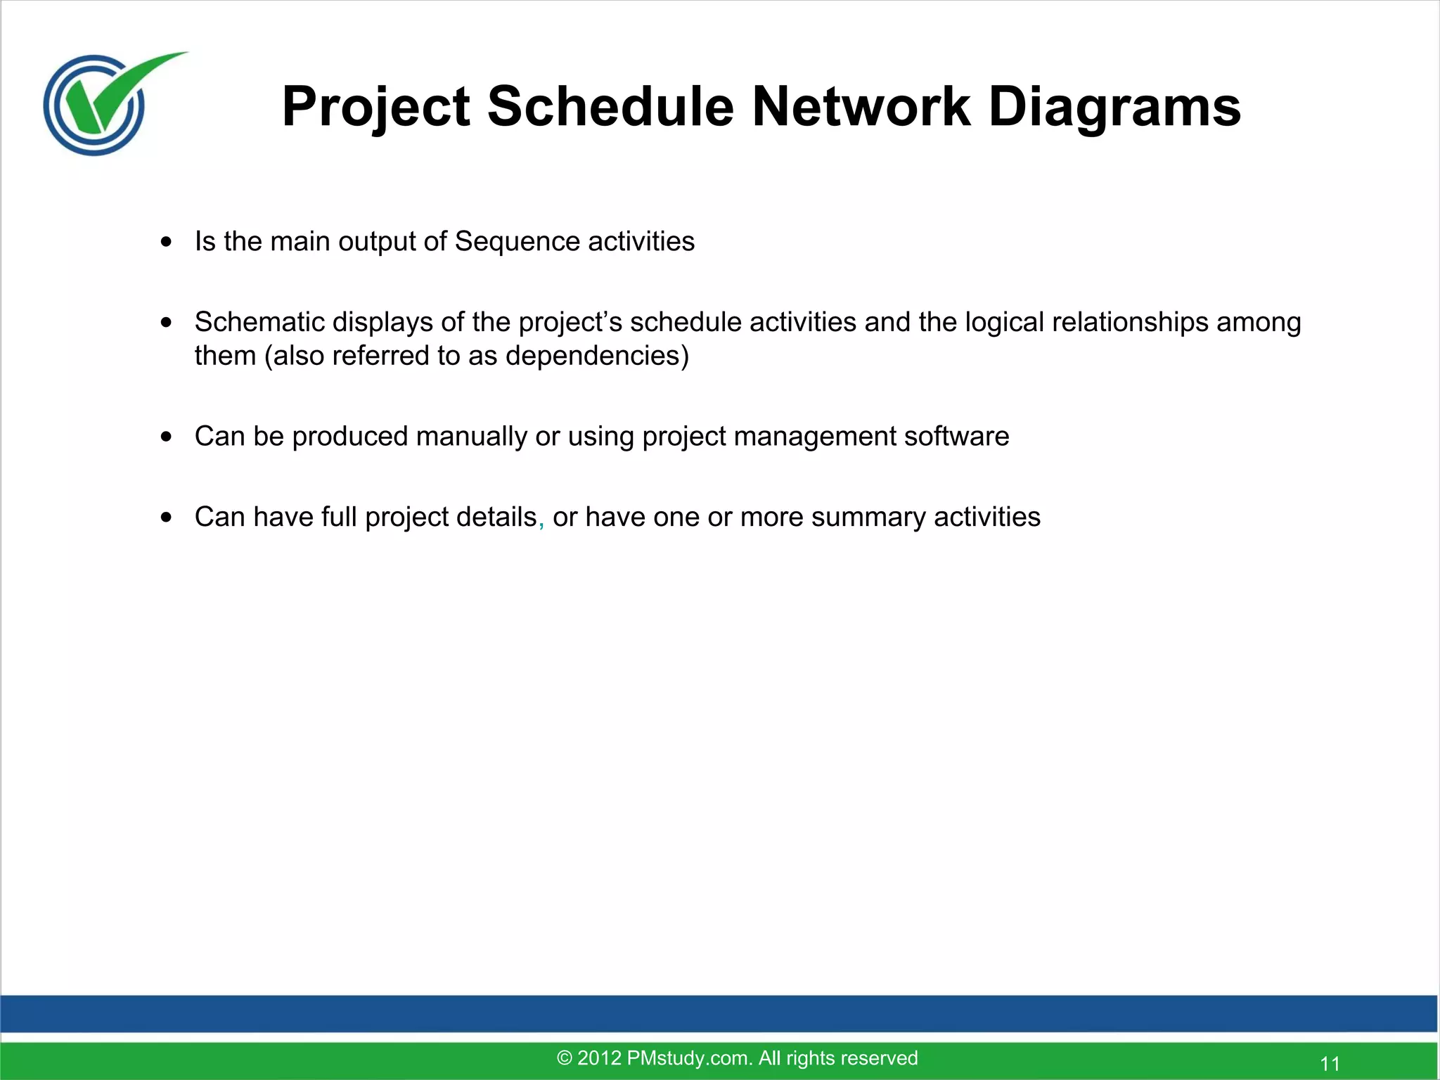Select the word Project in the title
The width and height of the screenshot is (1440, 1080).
click(x=375, y=107)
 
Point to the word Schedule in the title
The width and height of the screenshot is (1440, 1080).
click(x=610, y=107)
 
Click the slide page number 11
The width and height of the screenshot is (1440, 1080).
click(x=1330, y=1063)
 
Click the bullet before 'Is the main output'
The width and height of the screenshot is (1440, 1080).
click(x=166, y=242)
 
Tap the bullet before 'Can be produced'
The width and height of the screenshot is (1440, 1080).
click(x=166, y=437)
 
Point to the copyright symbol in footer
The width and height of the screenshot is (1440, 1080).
click(x=564, y=1057)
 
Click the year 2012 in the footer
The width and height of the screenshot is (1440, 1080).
click(x=599, y=1057)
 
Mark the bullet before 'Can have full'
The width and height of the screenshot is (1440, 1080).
click(x=166, y=517)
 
